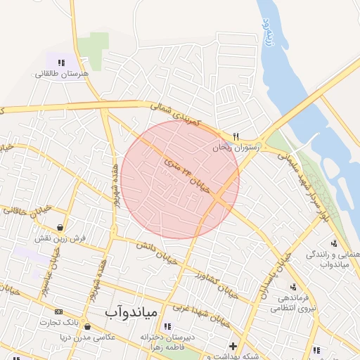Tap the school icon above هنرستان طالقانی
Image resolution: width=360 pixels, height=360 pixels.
pos(62,63)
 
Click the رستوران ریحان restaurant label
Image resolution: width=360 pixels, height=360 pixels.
pos(236,148)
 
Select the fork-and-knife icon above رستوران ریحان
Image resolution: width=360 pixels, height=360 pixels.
pos(236,137)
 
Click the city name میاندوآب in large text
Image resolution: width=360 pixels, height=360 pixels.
pos(134,310)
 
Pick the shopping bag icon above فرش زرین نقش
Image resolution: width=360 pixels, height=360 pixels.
pos(62,227)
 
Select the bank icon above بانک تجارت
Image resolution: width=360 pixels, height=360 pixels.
pos(58,311)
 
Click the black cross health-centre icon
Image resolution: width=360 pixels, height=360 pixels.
pos(233,346)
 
